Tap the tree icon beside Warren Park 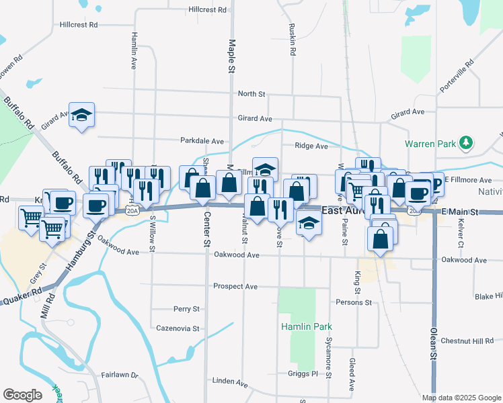coord(465,143)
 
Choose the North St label coord(252,94)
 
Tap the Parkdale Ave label coord(202,141)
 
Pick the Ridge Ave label coord(311,146)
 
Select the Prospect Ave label coord(235,286)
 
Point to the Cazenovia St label coord(178,328)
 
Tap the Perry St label coord(186,309)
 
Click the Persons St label coord(354,302)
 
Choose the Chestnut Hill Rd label coord(467,341)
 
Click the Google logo coord(22,395)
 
